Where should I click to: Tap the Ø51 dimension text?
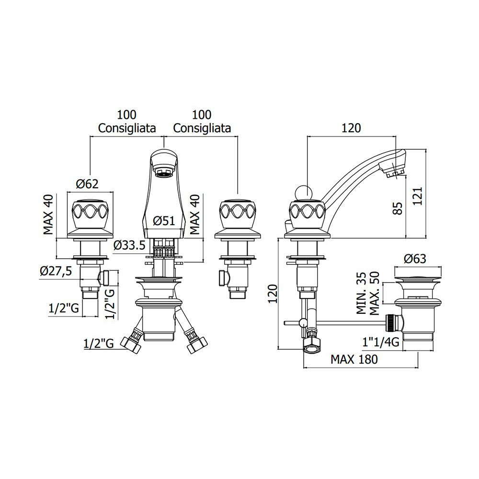(x=164, y=221)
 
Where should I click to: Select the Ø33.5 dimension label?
(x=129, y=245)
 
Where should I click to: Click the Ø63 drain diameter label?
(x=415, y=259)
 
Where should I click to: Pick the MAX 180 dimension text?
(x=354, y=359)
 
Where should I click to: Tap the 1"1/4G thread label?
(x=381, y=342)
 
